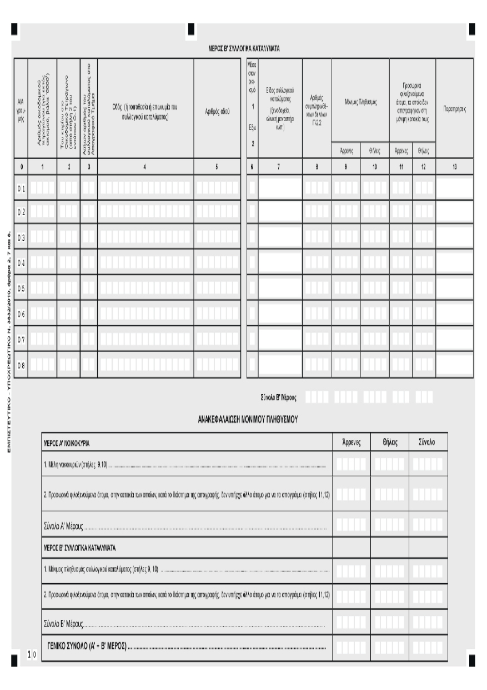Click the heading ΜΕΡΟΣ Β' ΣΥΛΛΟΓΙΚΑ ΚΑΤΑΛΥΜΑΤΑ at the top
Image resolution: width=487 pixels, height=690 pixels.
tap(243, 49)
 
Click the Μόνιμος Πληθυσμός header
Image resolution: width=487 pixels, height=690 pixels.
tap(360, 103)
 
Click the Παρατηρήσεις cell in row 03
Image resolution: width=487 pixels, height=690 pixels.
tap(454, 237)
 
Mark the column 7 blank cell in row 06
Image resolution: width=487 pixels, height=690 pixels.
tap(280, 314)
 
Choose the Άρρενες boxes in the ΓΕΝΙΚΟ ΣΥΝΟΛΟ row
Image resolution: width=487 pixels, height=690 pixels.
tap(351, 648)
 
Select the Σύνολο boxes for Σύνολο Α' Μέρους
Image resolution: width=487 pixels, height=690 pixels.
tap(428, 525)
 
